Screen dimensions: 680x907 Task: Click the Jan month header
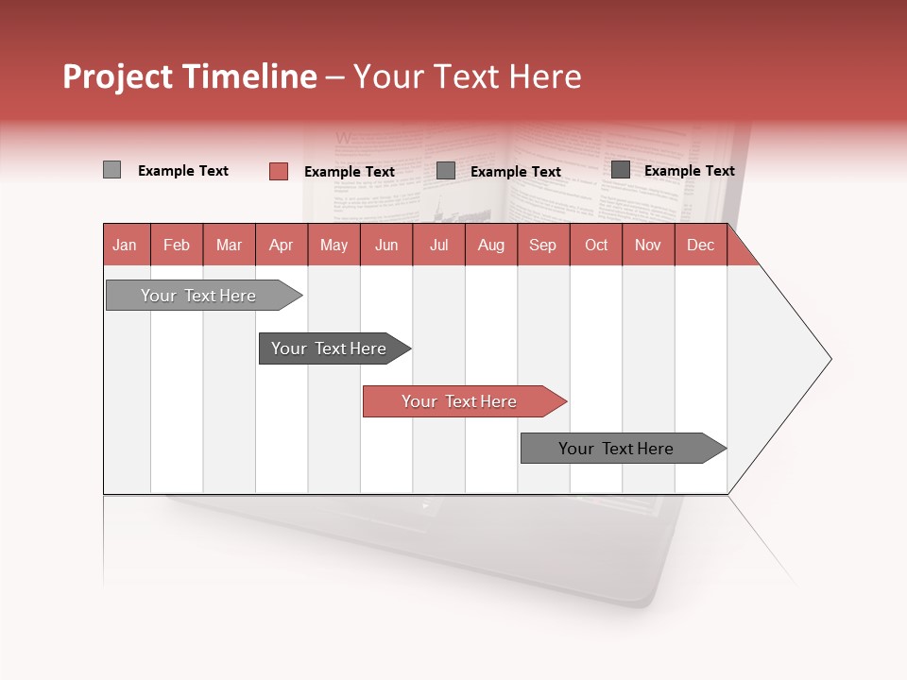point(126,246)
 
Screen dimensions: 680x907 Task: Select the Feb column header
point(177,246)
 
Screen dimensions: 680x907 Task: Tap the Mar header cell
point(229,246)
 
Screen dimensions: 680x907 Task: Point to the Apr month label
point(282,246)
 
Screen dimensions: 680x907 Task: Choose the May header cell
point(334,246)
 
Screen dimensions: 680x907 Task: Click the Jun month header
point(386,246)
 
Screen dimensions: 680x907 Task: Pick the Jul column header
point(438,246)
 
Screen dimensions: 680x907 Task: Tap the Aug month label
point(491,246)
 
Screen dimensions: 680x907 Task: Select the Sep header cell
point(543,246)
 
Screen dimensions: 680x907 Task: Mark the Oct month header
point(596,246)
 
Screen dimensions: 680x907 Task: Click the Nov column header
point(648,246)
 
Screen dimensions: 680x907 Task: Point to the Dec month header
point(701,246)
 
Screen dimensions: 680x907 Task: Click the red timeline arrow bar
point(463,401)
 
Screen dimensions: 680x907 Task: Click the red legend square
point(279,171)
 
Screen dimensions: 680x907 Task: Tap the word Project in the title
point(118,76)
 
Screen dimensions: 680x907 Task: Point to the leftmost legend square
point(111,170)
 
